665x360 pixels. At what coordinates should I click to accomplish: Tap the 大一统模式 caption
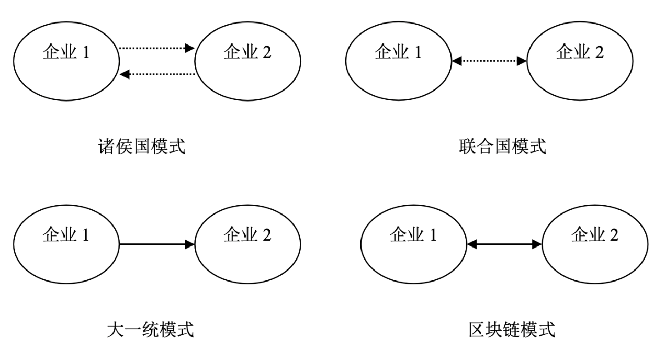pyautogui.click(x=150, y=330)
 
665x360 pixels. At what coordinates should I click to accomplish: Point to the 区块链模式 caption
pyautogui.click(x=511, y=330)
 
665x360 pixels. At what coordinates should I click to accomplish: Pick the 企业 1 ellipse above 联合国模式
pyautogui.click(x=398, y=62)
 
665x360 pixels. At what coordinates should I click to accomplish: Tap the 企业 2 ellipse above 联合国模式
pyautogui.click(x=580, y=62)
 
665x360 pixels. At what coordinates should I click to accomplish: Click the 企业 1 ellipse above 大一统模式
pyautogui.click(x=66, y=244)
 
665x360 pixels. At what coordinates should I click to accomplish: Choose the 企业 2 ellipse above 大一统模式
pyautogui.click(x=247, y=244)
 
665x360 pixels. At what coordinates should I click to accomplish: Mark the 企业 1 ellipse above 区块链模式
pyautogui.click(x=413, y=244)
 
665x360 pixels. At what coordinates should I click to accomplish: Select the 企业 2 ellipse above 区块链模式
pyautogui.click(x=595, y=244)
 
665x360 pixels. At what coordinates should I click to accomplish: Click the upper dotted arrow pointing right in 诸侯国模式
pyautogui.click(x=157, y=49)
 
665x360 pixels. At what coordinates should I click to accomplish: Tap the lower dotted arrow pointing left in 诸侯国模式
pyautogui.click(x=157, y=75)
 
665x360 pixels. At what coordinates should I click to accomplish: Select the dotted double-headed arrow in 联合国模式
pyautogui.click(x=489, y=62)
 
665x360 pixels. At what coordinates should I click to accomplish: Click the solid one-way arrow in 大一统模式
pyautogui.click(x=157, y=244)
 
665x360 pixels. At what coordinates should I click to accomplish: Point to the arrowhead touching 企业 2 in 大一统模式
pyautogui.click(x=190, y=244)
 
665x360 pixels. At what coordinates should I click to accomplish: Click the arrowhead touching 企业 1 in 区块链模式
pyautogui.click(x=471, y=244)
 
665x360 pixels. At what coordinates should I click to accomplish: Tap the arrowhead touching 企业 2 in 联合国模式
pyautogui.click(x=522, y=62)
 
